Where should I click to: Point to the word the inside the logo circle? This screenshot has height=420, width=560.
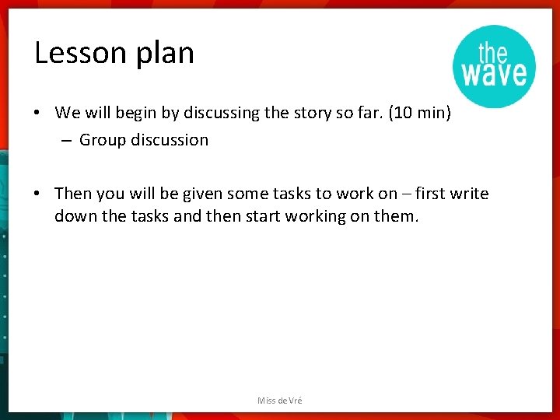click(493, 52)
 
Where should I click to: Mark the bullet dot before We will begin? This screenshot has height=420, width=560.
click(37, 113)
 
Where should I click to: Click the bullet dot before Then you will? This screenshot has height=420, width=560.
click(37, 194)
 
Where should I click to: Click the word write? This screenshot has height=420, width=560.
click(469, 194)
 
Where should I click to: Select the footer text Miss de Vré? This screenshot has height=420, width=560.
click(280, 401)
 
